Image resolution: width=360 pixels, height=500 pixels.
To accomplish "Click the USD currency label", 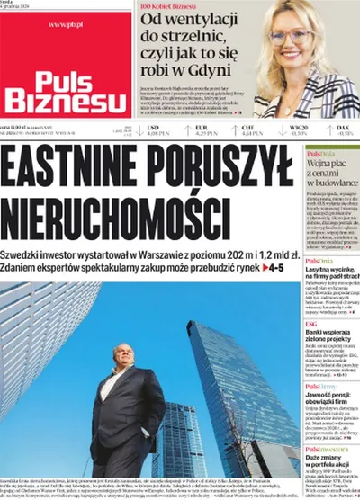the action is click(153, 129).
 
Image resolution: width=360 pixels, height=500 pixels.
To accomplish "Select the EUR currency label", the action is click(201, 129).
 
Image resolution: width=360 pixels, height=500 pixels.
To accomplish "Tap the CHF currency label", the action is click(247, 129).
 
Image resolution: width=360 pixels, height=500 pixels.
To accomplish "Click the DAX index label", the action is click(343, 129).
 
